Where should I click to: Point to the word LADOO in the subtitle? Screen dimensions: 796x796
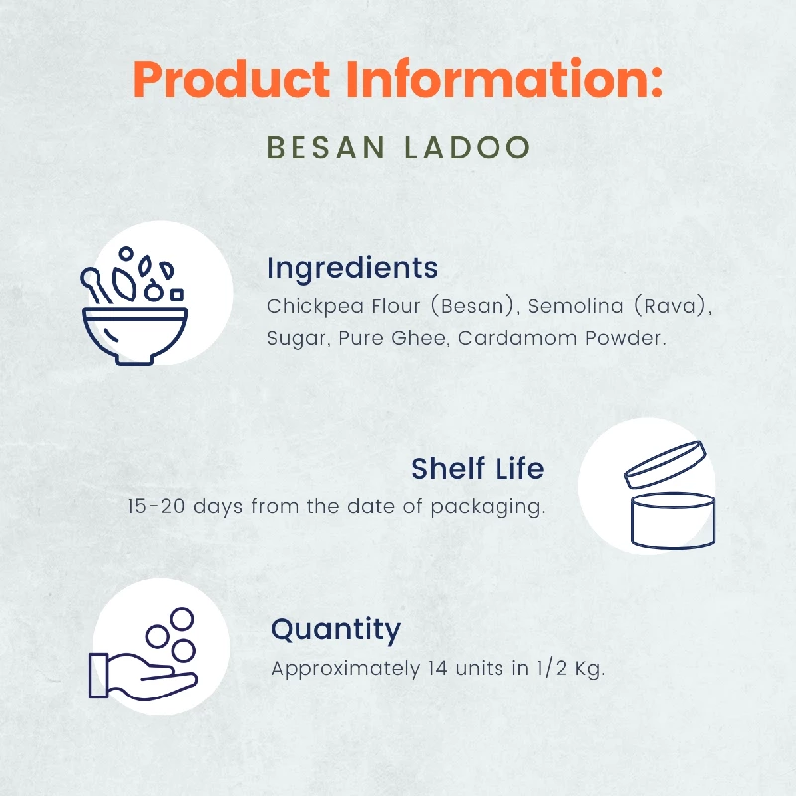[468, 147]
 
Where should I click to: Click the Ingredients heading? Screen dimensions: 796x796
[352, 268]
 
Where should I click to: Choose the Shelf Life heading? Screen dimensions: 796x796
[478, 468]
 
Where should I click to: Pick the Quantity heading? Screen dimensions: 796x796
[336, 629]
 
